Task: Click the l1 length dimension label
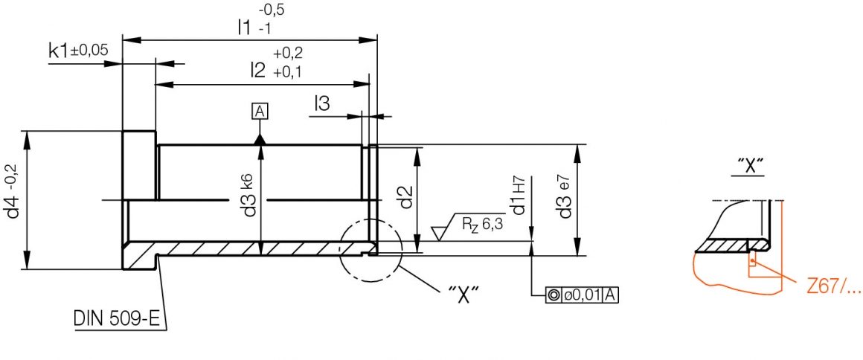pos(243,28)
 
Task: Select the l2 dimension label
pos(257,71)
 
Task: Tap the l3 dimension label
pos(322,103)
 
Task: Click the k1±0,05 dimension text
pos(78,51)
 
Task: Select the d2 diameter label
pos(405,198)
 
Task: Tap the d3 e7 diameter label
pos(567,198)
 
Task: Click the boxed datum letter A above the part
pos(260,112)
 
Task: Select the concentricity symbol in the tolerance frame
pos(554,295)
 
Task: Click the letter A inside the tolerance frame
pos(610,295)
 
